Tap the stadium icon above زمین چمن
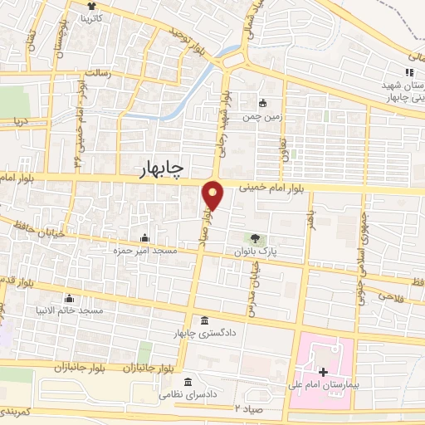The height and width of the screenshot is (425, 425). pyautogui.click(x=263, y=104)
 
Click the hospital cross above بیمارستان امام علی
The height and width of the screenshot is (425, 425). pyautogui.click(x=323, y=371)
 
